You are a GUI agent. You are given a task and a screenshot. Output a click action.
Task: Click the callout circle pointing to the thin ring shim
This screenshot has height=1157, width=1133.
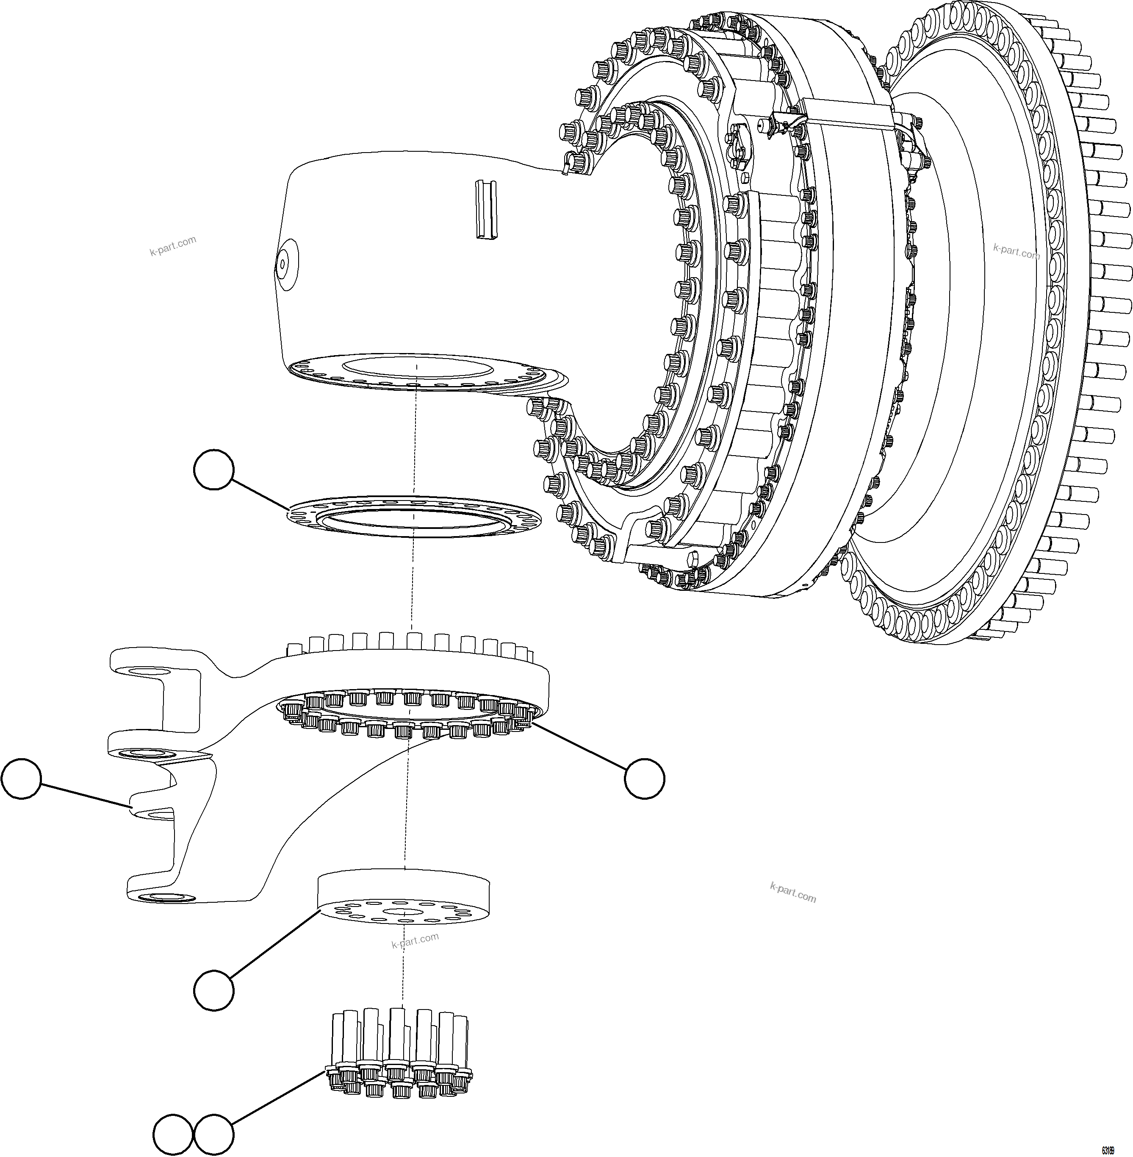(213, 470)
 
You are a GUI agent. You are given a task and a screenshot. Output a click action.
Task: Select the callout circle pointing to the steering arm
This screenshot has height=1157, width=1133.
(22, 778)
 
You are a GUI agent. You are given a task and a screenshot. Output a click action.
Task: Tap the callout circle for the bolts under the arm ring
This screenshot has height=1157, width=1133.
(645, 778)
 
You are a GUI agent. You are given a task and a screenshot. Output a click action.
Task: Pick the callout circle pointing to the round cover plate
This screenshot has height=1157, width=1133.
(213, 990)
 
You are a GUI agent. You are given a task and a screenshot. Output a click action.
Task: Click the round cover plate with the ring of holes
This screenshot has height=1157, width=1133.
(404, 899)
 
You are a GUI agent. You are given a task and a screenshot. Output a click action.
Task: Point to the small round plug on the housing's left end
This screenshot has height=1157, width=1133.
(283, 261)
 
